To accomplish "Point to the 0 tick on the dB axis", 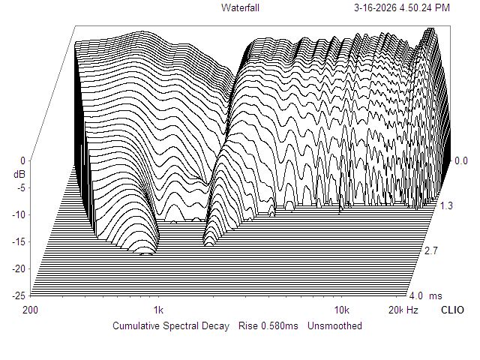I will [22, 160].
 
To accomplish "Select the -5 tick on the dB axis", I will [21, 187].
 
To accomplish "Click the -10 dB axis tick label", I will [19, 214].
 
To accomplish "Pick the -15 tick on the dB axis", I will [19, 241].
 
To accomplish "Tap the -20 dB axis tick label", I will [19, 268].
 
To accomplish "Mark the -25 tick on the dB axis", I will [19, 295].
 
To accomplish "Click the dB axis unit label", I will [19, 174].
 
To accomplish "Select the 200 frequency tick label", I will [31, 310].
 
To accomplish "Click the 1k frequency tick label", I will [158, 310].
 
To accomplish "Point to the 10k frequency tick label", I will [342, 310].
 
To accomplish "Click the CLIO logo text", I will [451, 310].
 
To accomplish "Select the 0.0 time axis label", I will [460, 160].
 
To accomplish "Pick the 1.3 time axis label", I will [446, 205].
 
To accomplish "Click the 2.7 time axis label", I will [431, 250].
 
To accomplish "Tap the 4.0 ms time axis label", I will [420, 295].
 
